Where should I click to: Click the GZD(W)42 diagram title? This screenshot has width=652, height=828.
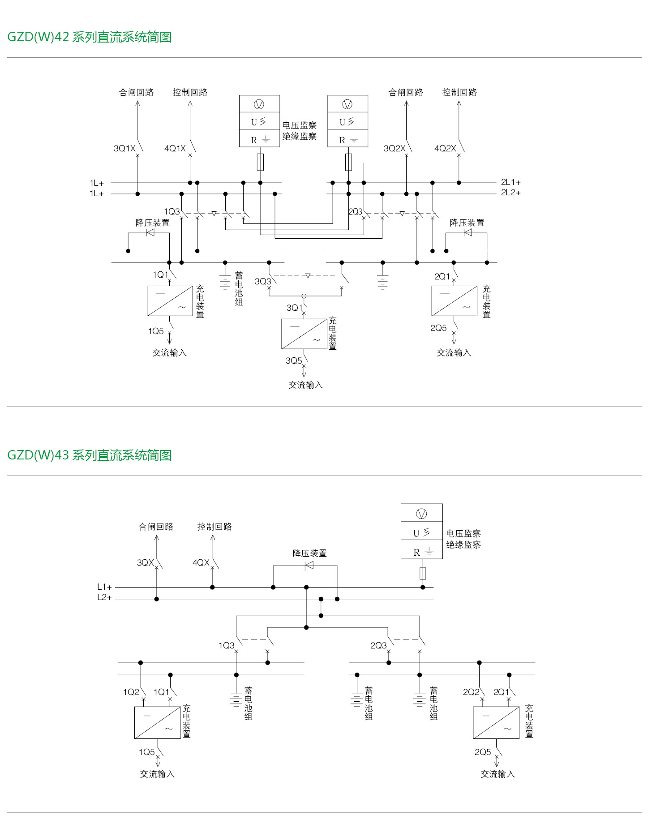89,37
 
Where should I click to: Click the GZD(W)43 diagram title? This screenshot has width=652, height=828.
89,455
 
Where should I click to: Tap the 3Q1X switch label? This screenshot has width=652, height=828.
124,148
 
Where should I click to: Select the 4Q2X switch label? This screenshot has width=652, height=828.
445,148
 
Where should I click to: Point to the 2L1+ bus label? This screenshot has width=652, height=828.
510,182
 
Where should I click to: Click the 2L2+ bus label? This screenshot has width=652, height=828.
510,193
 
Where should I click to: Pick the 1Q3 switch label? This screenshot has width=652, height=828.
172,211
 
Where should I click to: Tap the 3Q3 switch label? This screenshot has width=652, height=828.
262,281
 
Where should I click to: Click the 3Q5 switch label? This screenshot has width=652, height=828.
294,360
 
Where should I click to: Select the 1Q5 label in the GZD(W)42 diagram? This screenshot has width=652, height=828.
156,331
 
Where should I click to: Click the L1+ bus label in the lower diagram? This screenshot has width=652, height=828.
104,587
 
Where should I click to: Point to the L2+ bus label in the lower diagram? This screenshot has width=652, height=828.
104,597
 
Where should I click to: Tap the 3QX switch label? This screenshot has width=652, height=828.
145,562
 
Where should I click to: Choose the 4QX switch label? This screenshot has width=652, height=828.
201,562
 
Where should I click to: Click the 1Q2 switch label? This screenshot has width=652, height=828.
131,692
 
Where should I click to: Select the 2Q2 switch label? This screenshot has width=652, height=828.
471,692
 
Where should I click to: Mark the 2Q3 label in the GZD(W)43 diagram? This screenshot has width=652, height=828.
378,645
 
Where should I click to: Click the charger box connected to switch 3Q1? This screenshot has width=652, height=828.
304,334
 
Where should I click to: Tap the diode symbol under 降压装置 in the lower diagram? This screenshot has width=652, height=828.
309,566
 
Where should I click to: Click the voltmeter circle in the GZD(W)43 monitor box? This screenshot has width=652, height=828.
421,514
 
